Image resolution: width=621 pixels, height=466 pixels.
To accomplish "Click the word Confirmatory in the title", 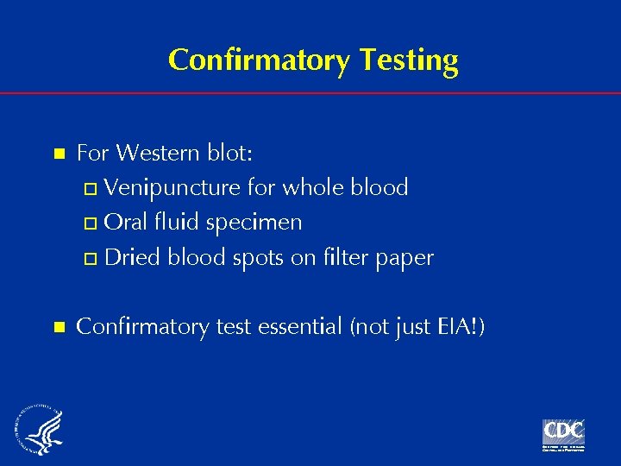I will [257, 60].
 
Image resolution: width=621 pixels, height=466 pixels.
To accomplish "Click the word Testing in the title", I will [407, 60].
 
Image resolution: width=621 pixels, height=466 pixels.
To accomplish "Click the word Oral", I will [125, 222].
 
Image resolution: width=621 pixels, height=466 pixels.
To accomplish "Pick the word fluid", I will [175, 222].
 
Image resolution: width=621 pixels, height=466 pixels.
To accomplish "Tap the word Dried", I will [134, 257].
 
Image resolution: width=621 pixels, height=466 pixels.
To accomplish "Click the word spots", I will [260, 258].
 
